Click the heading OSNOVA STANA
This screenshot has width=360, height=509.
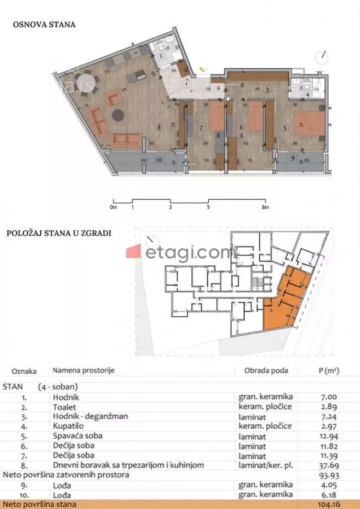point(44,25)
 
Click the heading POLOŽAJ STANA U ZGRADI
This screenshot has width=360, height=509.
point(59,232)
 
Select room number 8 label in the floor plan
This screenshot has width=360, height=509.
point(159,127)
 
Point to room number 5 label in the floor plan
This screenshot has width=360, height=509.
point(284,128)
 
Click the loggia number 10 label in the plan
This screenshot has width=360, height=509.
point(158,160)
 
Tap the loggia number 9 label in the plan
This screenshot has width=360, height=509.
point(293,157)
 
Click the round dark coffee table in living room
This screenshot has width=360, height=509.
point(118,115)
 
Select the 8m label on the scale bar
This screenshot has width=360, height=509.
point(265,208)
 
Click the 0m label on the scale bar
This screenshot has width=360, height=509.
point(114,208)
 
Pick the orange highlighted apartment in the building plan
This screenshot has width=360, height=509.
point(286,300)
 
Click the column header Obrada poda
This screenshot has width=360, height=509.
point(262,371)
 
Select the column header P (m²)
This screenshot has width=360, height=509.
point(328,371)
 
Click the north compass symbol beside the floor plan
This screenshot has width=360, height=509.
point(322,57)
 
